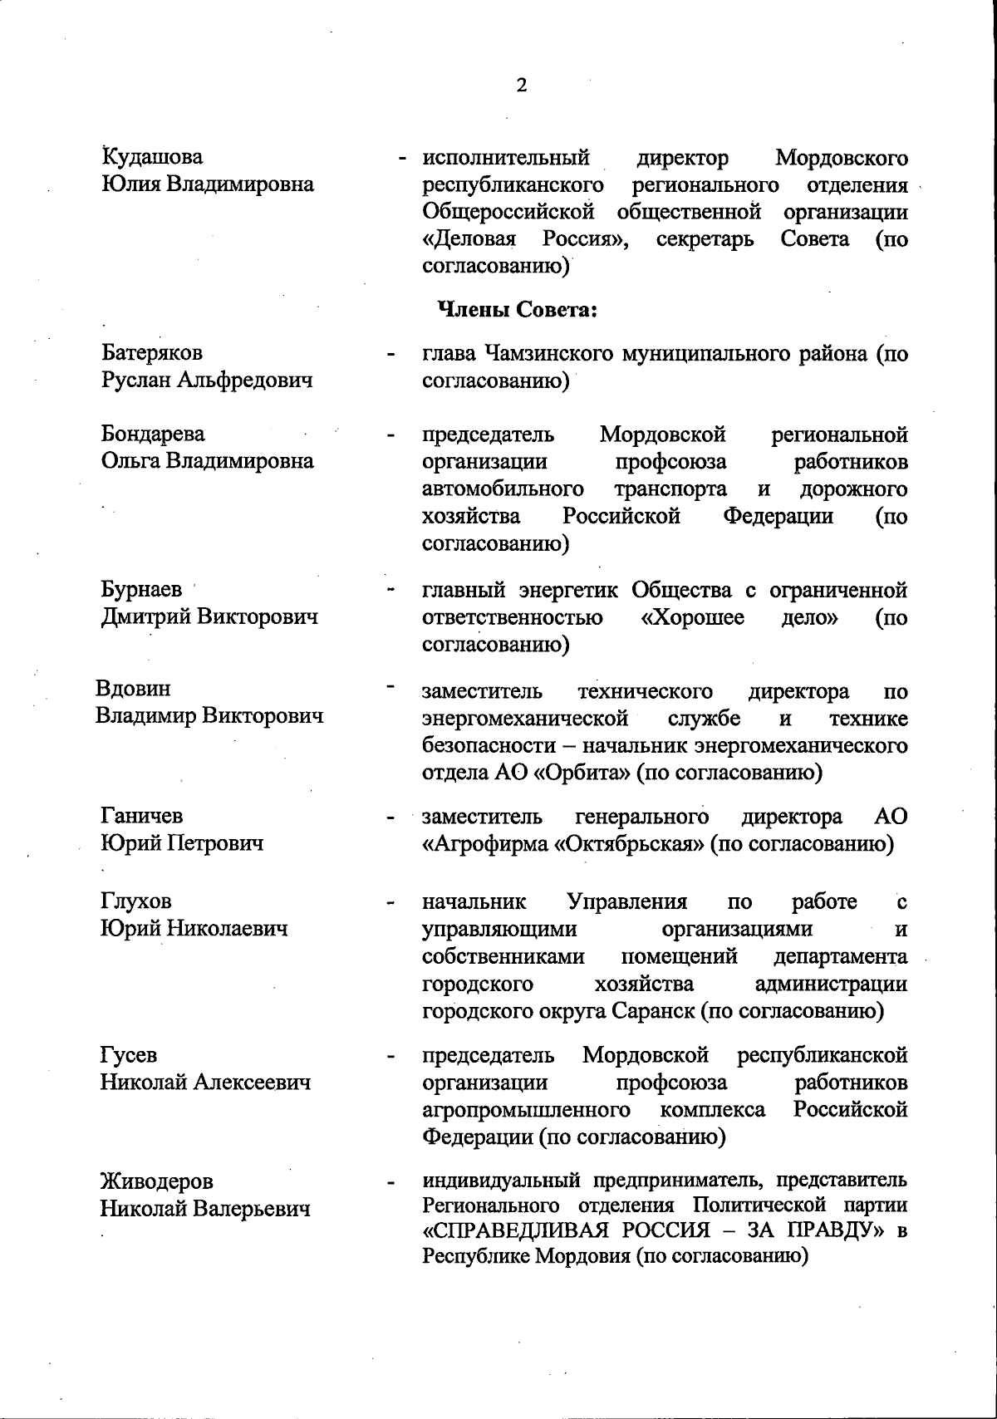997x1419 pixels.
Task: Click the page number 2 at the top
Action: [x=522, y=86]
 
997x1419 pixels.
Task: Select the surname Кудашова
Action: [x=152, y=157]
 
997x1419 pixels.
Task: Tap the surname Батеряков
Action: [x=152, y=352]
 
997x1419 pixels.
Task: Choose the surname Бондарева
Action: [x=153, y=434]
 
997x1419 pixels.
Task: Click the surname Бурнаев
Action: [x=142, y=589]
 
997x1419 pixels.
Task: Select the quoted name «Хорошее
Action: [x=693, y=617]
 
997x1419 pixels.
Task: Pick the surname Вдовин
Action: [x=133, y=689]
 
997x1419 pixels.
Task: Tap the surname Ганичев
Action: [x=142, y=816]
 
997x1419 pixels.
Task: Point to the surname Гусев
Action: [x=128, y=1055]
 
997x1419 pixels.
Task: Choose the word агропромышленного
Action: [x=525, y=1110]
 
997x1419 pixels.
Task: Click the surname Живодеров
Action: [x=156, y=1181]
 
